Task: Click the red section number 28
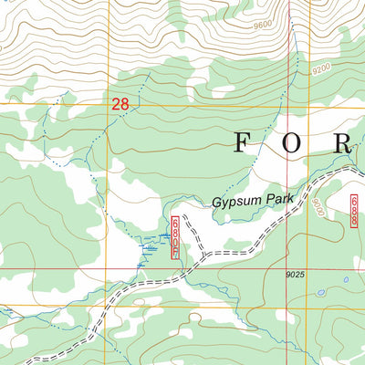click(x=120, y=105)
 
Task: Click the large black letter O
click(x=297, y=143)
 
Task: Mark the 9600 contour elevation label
click(x=264, y=25)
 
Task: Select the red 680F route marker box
click(x=175, y=238)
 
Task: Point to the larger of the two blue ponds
click(x=320, y=294)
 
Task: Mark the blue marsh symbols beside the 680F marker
click(x=148, y=248)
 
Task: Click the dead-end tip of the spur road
click(x=183, y=216)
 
